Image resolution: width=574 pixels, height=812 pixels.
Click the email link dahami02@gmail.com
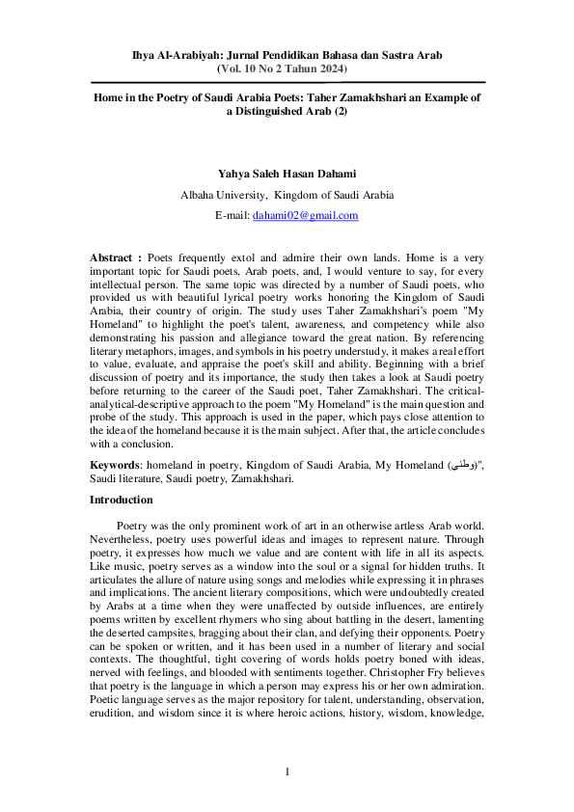click(306, 216)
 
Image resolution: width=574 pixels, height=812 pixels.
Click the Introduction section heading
click(121, 500)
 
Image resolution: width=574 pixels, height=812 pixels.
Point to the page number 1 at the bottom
click(287, 772)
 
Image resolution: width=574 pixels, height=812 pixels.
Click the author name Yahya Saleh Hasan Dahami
click(287, 174)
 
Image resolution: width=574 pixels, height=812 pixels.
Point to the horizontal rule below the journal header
click(287, 83)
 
